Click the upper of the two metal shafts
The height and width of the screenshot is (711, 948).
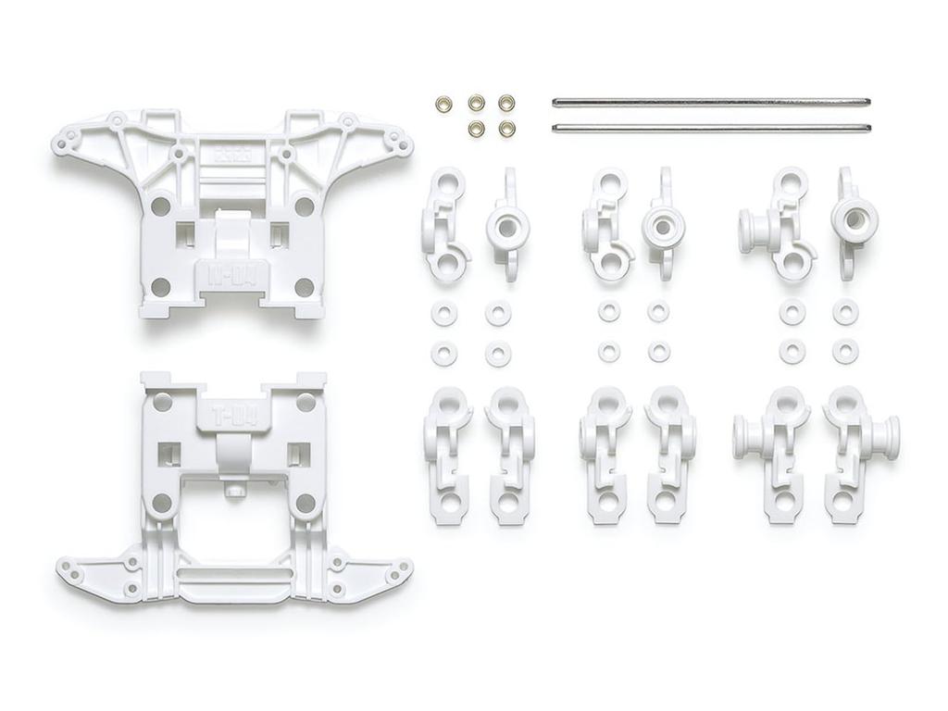(x=711, y=101)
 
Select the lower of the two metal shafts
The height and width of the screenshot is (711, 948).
(x=711, y=128)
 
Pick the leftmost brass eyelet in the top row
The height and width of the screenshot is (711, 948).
(x=443, y=103)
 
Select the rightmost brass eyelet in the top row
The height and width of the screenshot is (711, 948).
(x=506, y=103)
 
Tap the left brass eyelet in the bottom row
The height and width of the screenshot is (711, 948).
(x=476, y=129)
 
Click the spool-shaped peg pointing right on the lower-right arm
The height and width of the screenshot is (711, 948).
(x=890, y=437)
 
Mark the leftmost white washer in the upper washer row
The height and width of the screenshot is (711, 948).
(x=443, y=314)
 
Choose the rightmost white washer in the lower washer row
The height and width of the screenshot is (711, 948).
(x=844, y=352)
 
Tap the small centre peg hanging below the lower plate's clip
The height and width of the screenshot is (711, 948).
(x=235, y=488)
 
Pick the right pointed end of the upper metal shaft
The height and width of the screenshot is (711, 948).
(x=869, y=101)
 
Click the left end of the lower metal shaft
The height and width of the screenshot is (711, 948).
(x=555, y=128)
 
